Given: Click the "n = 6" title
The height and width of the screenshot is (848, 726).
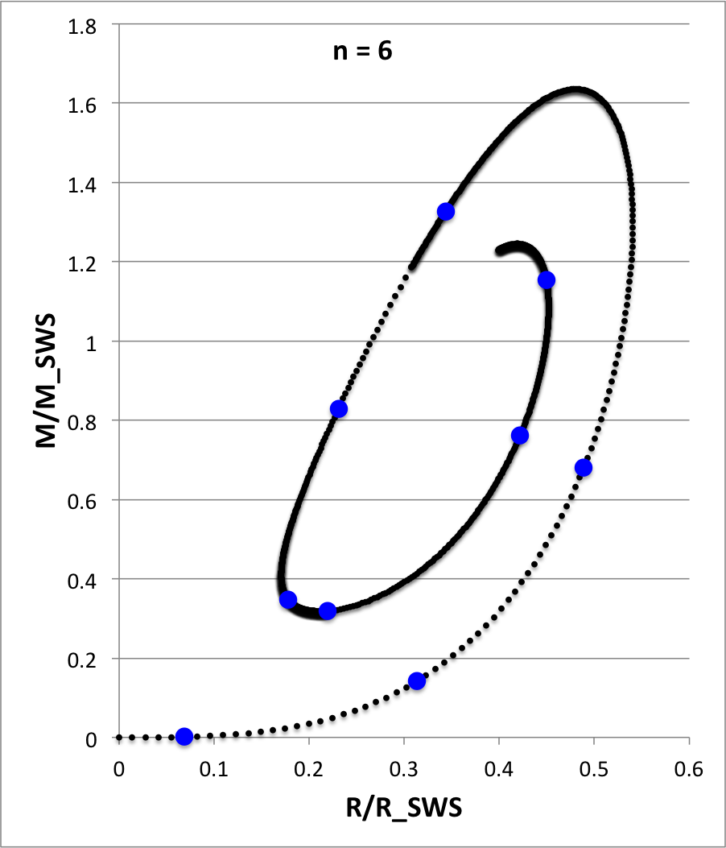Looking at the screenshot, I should [362, 53].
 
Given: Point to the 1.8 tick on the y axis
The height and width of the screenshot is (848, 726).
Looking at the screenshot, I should [84, 27].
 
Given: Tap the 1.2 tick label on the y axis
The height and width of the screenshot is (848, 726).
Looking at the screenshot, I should [84, 263].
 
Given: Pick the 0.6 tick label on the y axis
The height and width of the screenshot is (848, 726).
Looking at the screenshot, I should [84, 500].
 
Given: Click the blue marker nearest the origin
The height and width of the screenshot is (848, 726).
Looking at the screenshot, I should [184, 736].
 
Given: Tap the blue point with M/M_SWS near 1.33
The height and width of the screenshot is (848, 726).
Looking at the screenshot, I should [446, 212].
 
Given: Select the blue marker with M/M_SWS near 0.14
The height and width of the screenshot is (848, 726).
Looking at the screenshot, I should [417, 681].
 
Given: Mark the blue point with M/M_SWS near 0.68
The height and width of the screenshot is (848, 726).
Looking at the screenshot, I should [584, 468].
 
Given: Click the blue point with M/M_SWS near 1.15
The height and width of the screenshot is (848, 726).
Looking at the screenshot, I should [547, 280].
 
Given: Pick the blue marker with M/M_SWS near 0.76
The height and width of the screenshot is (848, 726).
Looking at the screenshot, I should [520, 436].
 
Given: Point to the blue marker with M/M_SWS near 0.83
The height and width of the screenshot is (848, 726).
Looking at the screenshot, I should [339, 409].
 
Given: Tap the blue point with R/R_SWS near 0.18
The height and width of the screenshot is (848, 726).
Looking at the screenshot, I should [288, 599].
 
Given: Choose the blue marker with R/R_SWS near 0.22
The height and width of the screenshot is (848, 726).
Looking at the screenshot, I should [328, 610].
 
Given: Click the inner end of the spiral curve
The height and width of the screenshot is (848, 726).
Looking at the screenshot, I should [499, 251].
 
